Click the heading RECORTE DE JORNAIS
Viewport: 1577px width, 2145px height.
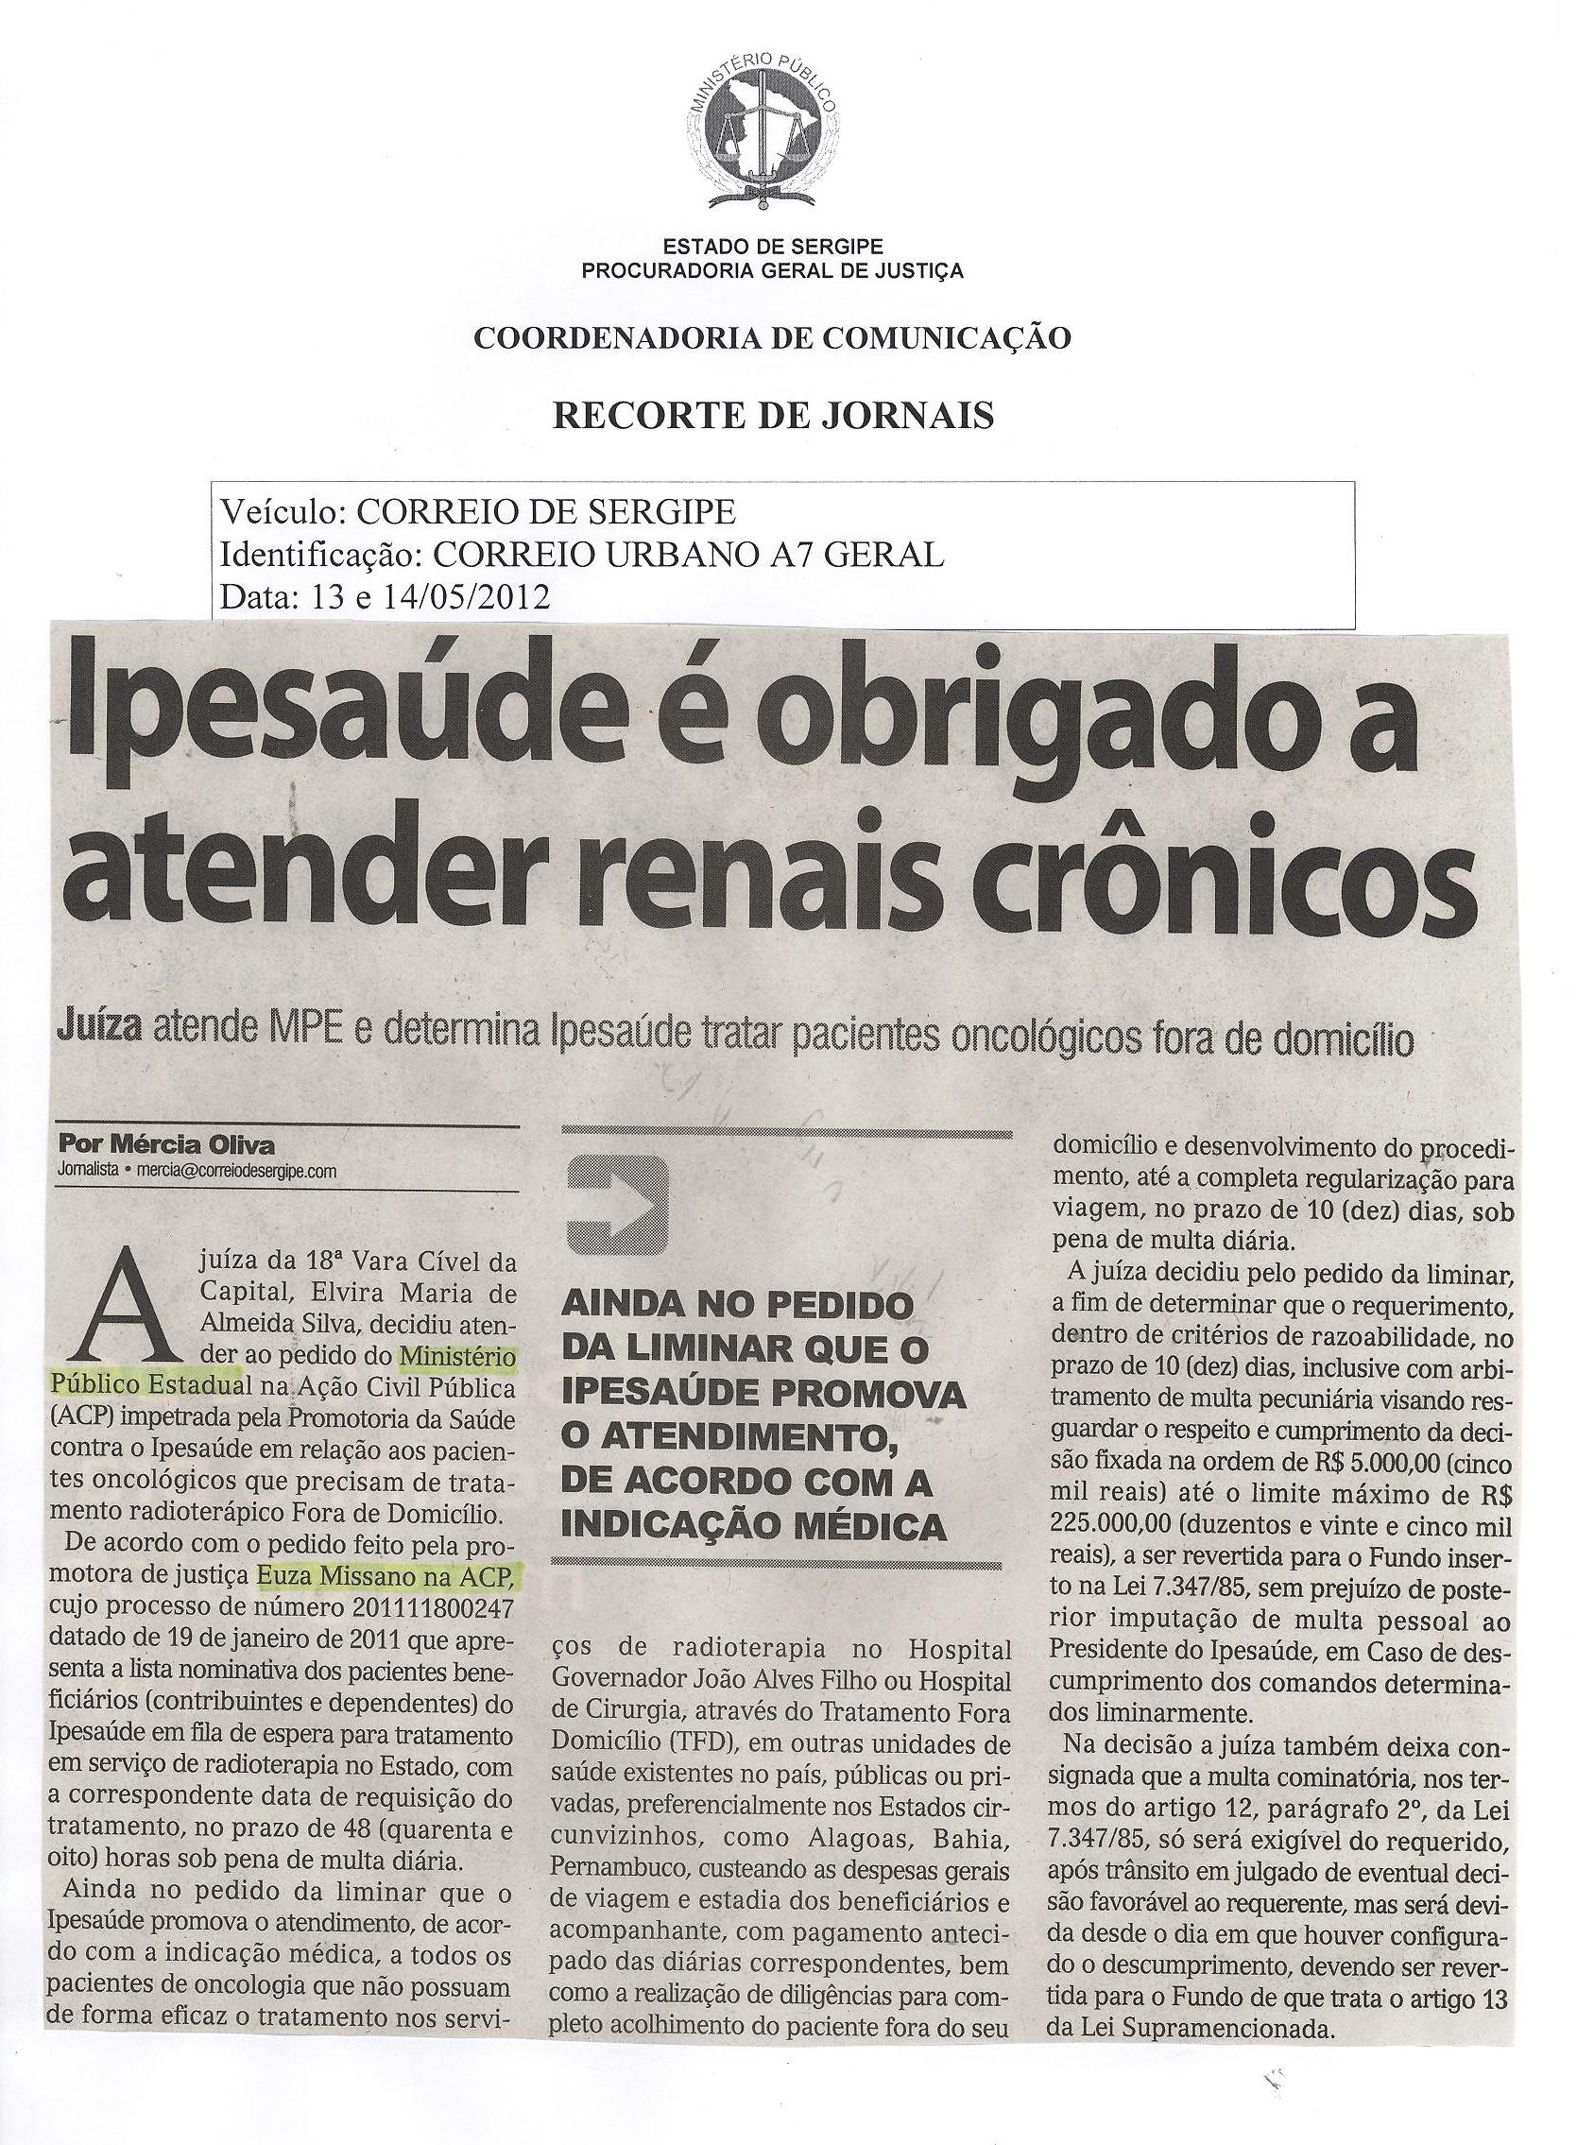point(774,415)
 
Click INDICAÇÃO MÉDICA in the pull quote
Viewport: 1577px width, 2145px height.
point(754,1526)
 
